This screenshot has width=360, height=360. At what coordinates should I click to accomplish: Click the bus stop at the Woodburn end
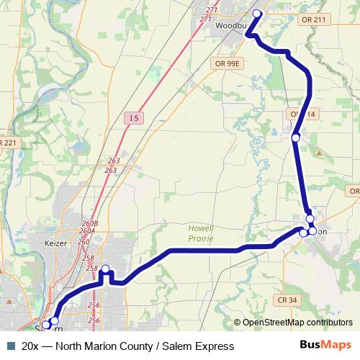(257, 14)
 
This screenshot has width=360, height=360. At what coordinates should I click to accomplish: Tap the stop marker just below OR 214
(295, 138)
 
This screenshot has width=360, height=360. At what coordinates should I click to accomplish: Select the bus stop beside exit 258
(105, 270)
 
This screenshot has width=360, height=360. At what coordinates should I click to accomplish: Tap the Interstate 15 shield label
(134, 117)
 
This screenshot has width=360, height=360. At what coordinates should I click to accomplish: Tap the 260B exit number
(90, 223)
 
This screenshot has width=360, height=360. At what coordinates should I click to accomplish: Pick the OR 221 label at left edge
(7, 143)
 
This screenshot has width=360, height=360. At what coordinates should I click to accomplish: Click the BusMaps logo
(327, 346)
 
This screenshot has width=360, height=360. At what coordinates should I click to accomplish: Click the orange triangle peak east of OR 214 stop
(319, 152)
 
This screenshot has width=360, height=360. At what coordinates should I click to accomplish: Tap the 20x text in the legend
(30, 346)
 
